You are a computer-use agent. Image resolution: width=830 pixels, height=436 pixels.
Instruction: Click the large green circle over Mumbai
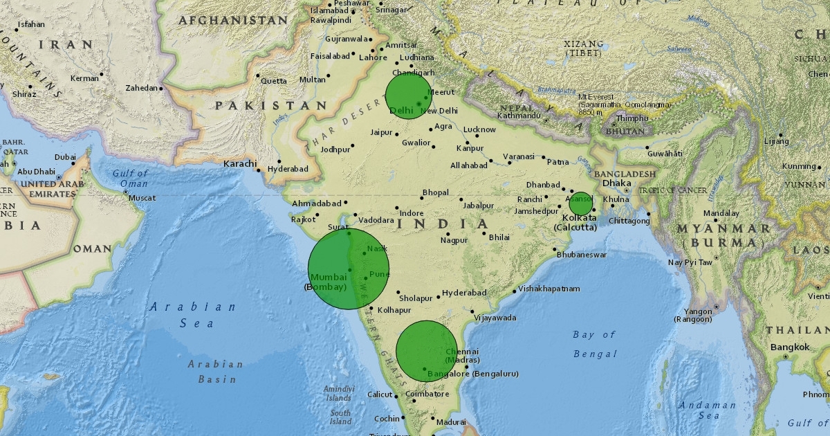click(x=349, y=269)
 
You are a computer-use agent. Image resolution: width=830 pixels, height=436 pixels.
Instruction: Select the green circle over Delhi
click(x=409, y=96)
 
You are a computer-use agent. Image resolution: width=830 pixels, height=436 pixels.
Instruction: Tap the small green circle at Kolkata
click(x=581, y=203)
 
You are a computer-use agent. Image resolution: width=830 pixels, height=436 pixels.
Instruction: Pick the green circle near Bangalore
click(x=427, y=351)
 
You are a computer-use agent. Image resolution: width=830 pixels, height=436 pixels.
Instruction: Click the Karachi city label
click(x=239, y=164)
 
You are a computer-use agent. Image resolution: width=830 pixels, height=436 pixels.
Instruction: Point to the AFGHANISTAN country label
click(x=232, y=21)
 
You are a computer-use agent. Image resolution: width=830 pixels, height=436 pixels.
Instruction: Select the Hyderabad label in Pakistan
click(x=288, y=169)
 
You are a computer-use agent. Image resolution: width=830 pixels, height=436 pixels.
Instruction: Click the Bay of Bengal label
click(x=594, y=344)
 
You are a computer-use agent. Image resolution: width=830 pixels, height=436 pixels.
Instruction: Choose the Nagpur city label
click(x=454, y=240)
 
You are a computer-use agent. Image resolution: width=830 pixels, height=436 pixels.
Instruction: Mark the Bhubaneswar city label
click(x=582, y=255)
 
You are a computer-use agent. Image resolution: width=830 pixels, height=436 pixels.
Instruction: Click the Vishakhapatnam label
click(x=549, y=289)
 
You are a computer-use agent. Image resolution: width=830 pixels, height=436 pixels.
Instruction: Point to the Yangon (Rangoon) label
click(x=694, y=315)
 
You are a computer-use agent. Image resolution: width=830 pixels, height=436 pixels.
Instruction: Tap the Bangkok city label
click(x=791, y=347)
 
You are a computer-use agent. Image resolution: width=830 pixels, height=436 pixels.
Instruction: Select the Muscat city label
click(x=142, y=198)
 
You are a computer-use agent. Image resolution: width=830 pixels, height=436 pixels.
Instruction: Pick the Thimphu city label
click(x=632, y=118)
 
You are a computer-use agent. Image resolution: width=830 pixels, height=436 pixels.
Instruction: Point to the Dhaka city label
click(x=616, y=183)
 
